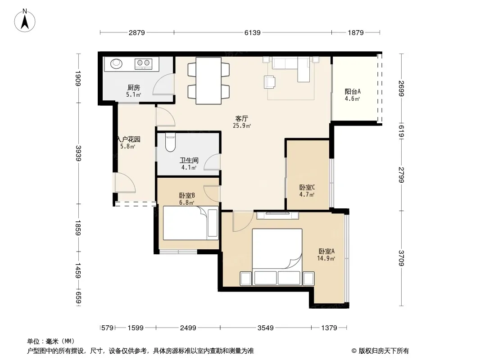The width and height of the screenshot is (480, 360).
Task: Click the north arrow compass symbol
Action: coord(25,20)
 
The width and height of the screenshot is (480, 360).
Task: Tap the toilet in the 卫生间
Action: coord(170,142)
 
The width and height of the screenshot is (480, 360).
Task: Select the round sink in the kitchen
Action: coord(116,63)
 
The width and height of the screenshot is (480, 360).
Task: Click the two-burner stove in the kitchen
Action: coord(144,63)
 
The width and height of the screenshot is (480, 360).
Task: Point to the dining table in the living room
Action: coord(208,81)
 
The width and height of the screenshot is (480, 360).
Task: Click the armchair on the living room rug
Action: coord(269,82)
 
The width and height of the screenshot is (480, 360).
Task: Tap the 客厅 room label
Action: coord(241,118)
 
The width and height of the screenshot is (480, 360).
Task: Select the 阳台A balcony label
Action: coord(353,91)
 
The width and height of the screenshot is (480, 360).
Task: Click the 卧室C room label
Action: coord(307,187)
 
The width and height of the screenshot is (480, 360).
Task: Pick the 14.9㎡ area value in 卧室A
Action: coord(326,258)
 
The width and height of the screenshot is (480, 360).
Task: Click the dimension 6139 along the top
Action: coord(253,32)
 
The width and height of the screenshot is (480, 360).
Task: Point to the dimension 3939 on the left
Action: coord(79,153)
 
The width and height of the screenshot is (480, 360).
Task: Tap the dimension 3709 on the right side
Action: coord(401,258)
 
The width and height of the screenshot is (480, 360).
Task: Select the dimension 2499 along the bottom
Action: coord(188,328)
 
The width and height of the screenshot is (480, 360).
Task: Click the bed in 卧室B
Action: coord(191,223)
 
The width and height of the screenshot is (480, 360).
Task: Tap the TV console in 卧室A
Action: coord(278,216)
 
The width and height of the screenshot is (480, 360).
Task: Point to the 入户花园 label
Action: coord(129,139)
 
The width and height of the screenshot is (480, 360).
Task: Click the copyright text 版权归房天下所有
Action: coord(384,351)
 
